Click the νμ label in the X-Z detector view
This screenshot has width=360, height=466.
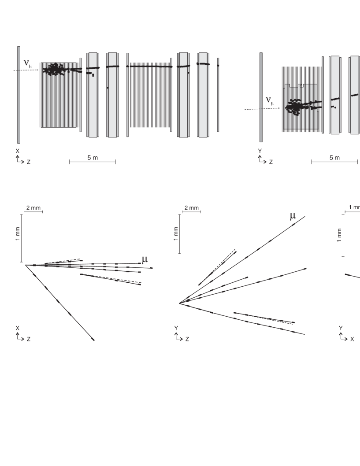tap(28, 64)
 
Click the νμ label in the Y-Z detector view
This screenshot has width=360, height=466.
tap(270, 101)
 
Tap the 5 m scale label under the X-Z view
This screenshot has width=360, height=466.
tap(93, 158)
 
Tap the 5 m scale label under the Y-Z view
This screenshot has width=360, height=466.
tap(334, 158)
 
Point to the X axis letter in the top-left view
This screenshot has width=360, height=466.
tap(18, 151)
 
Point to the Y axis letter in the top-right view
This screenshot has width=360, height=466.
tap(260, 151)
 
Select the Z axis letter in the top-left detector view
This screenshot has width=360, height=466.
tap(29, 162)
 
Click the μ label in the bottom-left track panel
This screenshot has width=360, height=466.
tap(145, 259)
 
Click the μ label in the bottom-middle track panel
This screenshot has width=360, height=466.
tap(293, 216)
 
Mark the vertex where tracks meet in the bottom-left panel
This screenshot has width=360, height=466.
tap(26, 265)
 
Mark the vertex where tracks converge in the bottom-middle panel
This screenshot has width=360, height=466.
tap(179, 303)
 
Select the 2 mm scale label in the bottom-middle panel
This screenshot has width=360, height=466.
tap(191, 208)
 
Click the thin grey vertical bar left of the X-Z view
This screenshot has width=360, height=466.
tap(19, 95)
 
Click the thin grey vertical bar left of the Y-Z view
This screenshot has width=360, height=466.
tap(261, 97)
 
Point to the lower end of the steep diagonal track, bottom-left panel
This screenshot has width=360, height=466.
tap(93, 339)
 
